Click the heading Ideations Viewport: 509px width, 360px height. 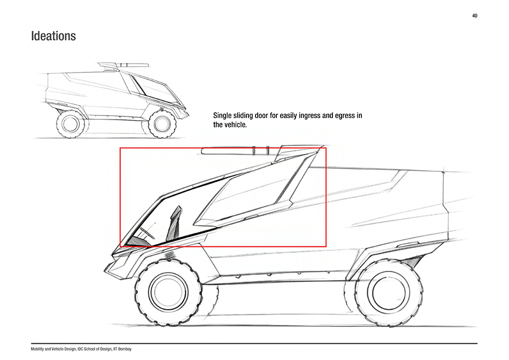(x=53, y=36)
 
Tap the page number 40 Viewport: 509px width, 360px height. (x=474, y=16)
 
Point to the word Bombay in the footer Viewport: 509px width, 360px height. (x=126, y=349)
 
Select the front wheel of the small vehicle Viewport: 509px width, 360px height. (x=162, y=124)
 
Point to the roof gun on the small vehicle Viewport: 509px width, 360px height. (x=123, y=66)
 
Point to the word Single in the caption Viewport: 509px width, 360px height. (x=222, y=116)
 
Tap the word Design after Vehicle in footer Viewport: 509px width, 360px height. (x=70, y=349)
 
